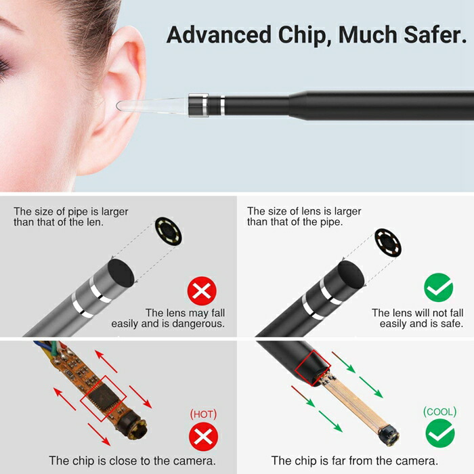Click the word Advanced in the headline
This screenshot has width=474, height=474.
219,35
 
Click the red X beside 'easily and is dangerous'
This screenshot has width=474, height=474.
202,291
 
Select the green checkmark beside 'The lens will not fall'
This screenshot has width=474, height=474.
438,288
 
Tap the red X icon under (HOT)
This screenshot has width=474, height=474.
203,437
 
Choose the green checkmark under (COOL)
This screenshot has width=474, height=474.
440,433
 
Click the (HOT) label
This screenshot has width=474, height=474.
203,414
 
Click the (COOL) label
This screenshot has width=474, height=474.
440,412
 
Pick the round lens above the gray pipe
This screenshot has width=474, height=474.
169,232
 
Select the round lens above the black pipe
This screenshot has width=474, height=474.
388,243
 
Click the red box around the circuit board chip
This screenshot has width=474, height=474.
104,398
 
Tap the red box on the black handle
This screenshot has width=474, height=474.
313,368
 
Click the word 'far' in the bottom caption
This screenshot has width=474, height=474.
339,461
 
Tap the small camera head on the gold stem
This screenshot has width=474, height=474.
388,435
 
